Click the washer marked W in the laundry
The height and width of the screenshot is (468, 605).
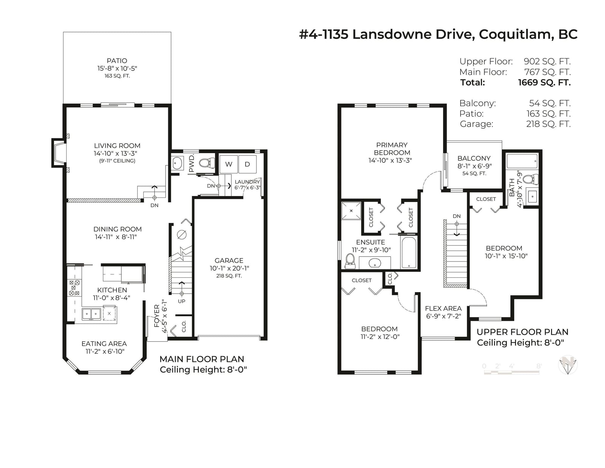pos(229,164)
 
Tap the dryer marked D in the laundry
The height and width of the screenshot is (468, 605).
pos(247,164)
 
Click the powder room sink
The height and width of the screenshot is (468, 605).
pos(178,163)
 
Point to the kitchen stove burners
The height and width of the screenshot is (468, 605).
pos(74,288)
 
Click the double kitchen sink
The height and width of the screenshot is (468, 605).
pos(92,314)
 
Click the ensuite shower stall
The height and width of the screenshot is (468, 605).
pos(351,211)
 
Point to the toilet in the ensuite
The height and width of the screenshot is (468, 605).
pos(350,261)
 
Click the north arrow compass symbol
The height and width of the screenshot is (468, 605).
pos(568,365)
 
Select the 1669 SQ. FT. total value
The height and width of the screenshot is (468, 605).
pos(544,82)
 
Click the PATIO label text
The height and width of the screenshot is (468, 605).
pos(117,61)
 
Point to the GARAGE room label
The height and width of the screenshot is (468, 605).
pos(229,260)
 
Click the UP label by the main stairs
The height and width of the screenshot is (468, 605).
pos(181,301)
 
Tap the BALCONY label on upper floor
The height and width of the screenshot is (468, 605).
pos(474,158)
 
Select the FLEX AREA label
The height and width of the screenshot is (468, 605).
pos(443,308)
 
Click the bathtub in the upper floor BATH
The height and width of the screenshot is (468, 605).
pos(522,161)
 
